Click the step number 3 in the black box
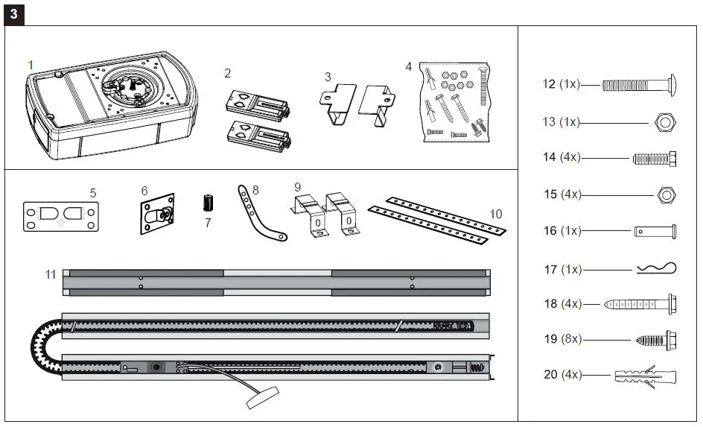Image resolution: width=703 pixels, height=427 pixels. tap(14, 14)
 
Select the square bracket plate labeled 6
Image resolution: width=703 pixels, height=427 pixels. tap(157, 215)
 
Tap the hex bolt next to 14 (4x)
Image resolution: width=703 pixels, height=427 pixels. tap(654, 158)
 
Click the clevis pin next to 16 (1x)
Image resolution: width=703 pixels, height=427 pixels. tap(655, 232)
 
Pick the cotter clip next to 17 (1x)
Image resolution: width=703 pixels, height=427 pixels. tap(656, 269)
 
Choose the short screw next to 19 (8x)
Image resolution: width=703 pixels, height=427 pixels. tap(655, 339)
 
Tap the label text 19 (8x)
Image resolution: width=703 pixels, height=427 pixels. tap(562, 339)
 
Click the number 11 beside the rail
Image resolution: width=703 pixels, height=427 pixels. tap(50, 275)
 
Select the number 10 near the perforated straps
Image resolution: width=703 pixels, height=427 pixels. tap(495, 214)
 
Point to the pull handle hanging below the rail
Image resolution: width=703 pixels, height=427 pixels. tap(261, 398)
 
